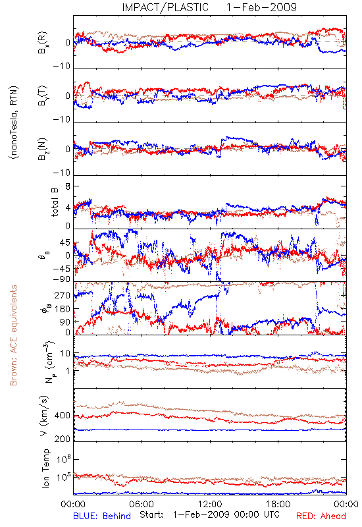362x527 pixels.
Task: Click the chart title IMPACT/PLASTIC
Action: (x=165, y=7)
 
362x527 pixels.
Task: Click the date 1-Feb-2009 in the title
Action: (x=261, y=7)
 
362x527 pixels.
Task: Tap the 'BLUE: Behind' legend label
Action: (x=102, y=516)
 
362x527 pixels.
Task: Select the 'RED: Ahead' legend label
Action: (x=321, y=516)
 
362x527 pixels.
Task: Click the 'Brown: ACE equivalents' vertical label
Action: (x=13, y=335)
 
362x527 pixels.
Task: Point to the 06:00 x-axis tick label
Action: (x=142, y=504)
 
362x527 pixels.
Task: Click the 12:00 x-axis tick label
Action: (x=210, y=504)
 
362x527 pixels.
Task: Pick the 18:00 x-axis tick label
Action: (x=278, y=504)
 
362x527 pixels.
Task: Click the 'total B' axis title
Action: (x=55, y=202)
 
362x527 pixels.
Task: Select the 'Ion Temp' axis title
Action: (x=45, y=468)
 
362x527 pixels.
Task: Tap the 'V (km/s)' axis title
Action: (x=45, y=416)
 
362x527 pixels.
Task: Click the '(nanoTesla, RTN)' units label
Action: (x=14, y=123)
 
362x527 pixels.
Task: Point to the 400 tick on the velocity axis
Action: (x=63, y=416)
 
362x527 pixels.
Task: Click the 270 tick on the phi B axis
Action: (x=63, y=296)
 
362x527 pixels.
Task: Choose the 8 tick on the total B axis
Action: (x=68, y=186)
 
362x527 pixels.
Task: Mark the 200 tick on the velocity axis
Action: (x=63, y=439)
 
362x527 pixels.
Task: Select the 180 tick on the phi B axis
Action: (x=63, y=308)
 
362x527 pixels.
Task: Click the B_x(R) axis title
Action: (x=43, y=43)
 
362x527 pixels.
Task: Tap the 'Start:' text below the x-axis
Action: (x=151, y=514)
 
